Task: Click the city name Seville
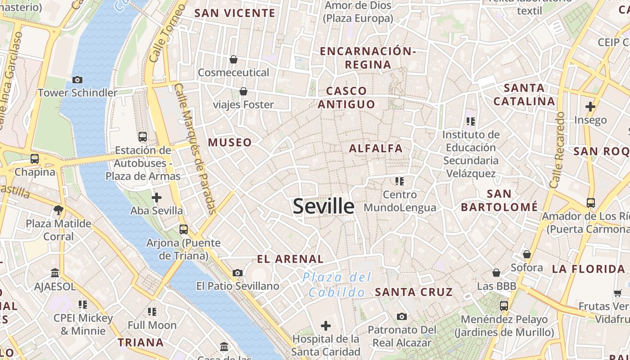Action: point(324,206)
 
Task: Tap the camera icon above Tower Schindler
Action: point(77,80)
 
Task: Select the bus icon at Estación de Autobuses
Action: point(143,136)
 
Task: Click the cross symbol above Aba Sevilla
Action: point(157,197)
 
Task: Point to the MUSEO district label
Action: point(230,143)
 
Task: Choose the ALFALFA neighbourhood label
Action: point(376,148)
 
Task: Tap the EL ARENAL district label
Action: point(290,259)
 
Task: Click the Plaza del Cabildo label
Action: point(337,284)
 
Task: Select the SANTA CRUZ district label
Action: point(414,292)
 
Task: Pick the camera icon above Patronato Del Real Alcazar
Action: point(402,316)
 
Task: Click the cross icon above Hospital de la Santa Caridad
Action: point(326,325)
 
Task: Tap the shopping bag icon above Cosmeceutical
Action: point(234,59)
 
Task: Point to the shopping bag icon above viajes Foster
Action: point(243,91)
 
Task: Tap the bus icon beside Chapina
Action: point(35,158)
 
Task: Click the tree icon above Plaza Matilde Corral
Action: point(58,210)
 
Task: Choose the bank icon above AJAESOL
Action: point(55,273)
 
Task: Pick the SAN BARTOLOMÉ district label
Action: point(499,200)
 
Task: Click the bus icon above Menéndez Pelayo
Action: point(504,306)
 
